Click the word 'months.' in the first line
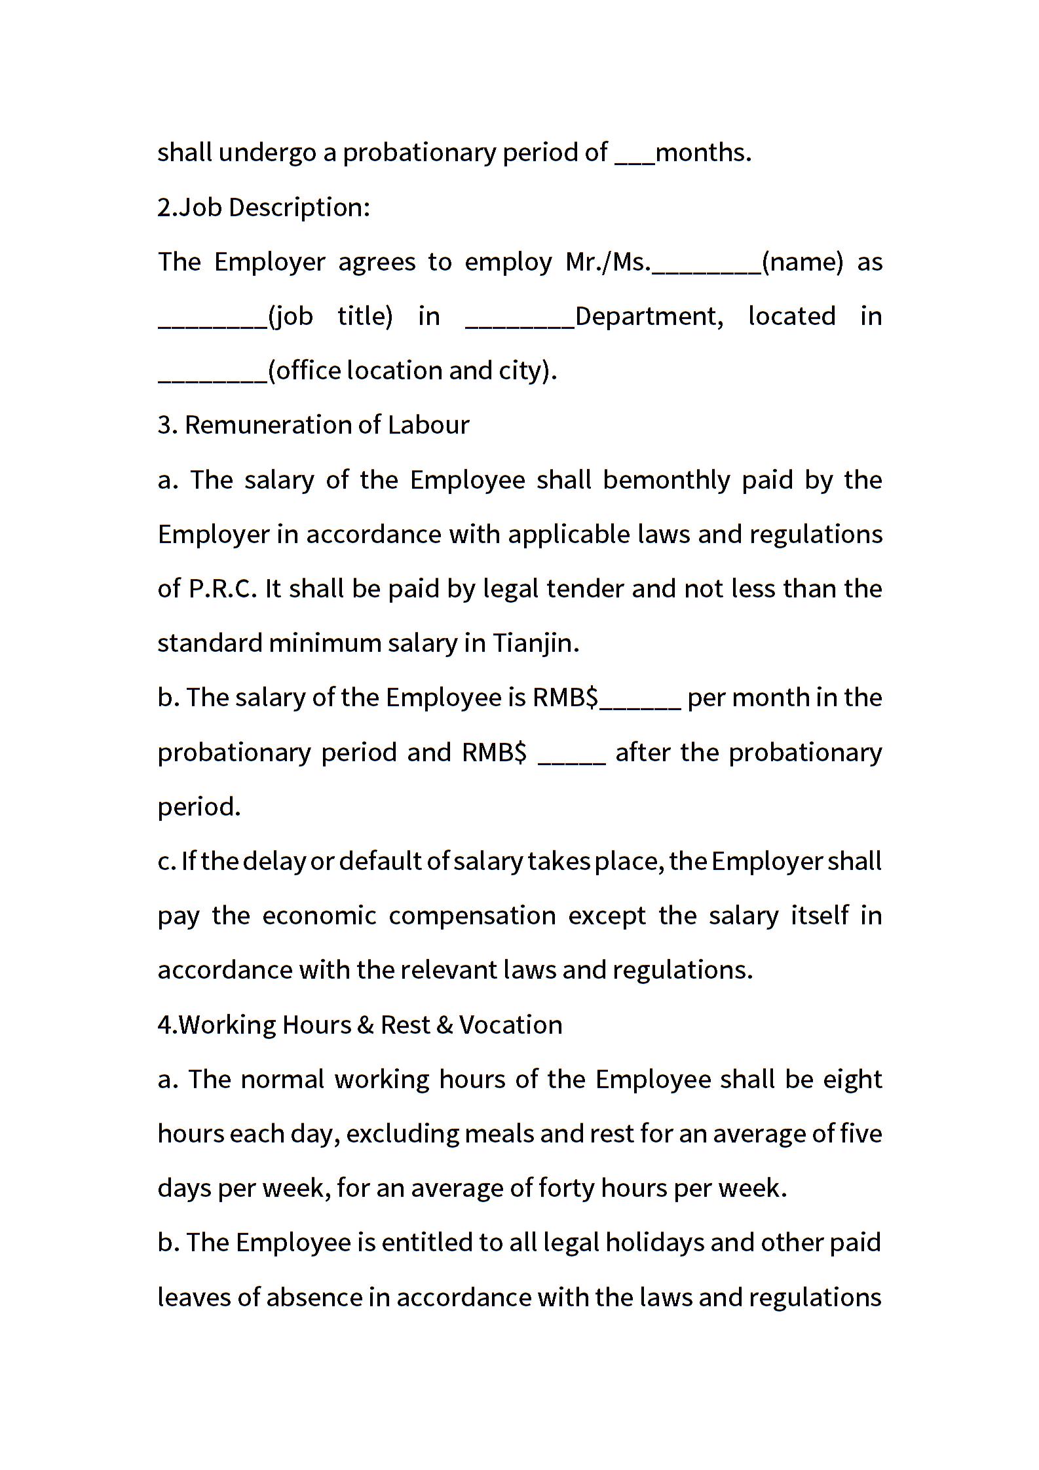pos(703,153)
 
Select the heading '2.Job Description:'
pos(264,208)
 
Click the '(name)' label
pos(803,262)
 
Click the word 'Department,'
pos(649,316)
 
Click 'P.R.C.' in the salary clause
pos(223,589)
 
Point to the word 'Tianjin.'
pos(536,643)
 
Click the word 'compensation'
pos(472,916)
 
